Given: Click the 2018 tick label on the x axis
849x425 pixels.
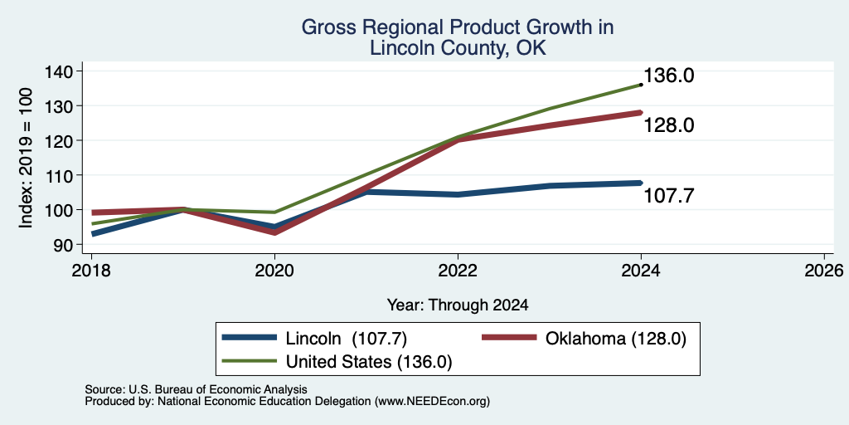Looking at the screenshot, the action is (91, 270).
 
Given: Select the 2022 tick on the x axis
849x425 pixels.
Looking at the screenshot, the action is (458, 270).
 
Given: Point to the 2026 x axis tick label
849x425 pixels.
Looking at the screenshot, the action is (824, 270).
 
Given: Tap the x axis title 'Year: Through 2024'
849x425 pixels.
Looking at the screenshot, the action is (458, 305).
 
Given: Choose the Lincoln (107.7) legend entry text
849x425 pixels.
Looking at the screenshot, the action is (346, 339).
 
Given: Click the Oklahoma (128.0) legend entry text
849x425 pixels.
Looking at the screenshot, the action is (616, 339).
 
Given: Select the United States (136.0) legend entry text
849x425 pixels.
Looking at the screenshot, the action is (369, 362).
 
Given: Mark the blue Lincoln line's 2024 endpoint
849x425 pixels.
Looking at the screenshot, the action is (641, 183).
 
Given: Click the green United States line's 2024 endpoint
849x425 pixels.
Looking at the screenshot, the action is (641, 85).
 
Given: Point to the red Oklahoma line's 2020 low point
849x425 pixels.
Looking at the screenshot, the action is (274, 232).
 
